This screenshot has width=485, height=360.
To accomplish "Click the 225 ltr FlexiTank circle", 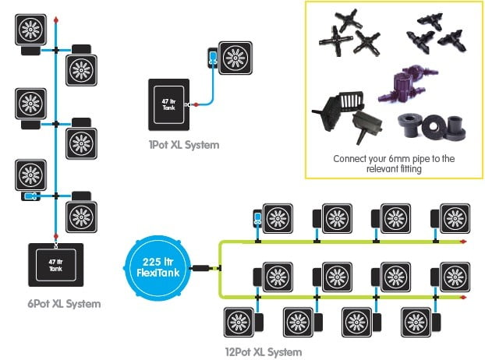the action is click(158, 268).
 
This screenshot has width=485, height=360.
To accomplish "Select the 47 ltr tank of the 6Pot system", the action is click(56, 265).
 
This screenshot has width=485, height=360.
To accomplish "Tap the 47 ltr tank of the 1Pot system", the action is click(169, 104).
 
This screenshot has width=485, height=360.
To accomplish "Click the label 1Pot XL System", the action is click(184, 145).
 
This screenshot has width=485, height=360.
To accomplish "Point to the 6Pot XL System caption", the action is click(64, 304).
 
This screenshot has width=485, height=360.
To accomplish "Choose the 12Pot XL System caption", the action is click(264, 352).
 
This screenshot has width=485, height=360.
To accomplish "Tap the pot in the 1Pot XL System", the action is click(235, 58).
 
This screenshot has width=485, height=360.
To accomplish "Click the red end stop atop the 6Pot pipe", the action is click(56, 20).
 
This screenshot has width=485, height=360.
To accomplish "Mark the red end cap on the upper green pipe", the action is click(463, 242).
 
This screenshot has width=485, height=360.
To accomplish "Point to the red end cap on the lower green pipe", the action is click(463, 297).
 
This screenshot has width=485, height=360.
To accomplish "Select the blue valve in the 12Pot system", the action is click(257, 218).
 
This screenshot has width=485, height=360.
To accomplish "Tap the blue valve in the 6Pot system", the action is click(30, 196).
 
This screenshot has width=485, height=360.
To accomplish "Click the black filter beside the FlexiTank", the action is click(201, 268).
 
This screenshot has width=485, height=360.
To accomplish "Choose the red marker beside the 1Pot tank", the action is click(196, 104).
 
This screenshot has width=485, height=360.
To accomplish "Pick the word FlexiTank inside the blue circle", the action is click(158, 273).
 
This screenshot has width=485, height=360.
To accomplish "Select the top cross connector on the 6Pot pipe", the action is click(56, 50).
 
